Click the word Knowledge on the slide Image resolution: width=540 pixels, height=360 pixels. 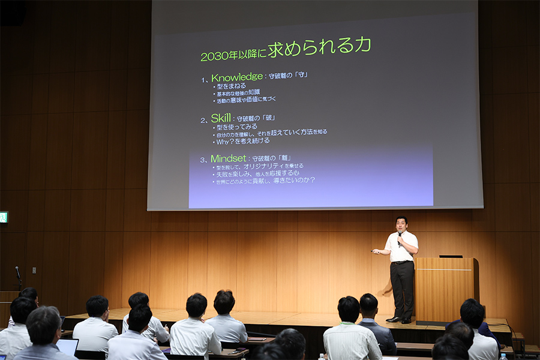coord(237,77)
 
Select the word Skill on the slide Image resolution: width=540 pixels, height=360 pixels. coord(220,118)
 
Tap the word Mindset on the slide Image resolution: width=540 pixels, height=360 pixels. coord(229,158)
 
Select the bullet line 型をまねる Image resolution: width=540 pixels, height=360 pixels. coord(231,86)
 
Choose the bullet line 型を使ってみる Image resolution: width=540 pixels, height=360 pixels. coord(237,127)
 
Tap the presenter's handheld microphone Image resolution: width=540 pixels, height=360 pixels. coord(400,238)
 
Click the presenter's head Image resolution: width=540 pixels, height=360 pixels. coord(401,224)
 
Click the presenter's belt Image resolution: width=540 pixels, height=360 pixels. coord(401,262)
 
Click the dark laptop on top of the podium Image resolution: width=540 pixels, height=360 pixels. coord(451,256)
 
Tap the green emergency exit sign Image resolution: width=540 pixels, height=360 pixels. coord(3,217)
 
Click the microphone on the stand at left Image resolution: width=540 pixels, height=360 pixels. coord(17,271)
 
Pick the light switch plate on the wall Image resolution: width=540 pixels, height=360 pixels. coord(34,271)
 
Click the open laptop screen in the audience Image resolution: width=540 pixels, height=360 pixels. coord(67,347)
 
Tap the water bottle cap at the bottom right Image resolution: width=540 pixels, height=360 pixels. coord(503,356)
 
